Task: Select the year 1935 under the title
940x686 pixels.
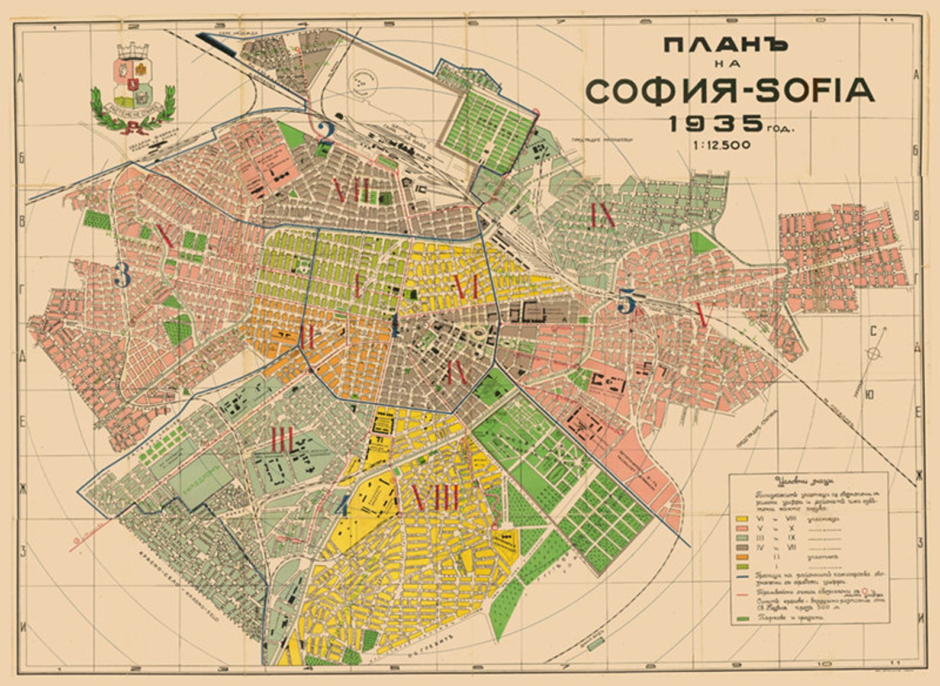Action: coord(716,124)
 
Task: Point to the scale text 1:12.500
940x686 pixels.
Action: coord(723,145)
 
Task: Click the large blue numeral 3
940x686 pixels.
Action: coord(122,275)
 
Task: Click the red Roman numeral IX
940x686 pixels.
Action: coord(603,215)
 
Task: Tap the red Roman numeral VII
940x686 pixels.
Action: coord(352,191)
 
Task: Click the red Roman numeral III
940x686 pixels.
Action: coord(282,439)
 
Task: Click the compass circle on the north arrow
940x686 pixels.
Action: coord(873,353)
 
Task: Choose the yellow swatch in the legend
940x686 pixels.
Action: coord(742,518)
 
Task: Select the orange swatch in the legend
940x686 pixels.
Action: coord(742,557)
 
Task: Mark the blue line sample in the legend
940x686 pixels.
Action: coord(742,575)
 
